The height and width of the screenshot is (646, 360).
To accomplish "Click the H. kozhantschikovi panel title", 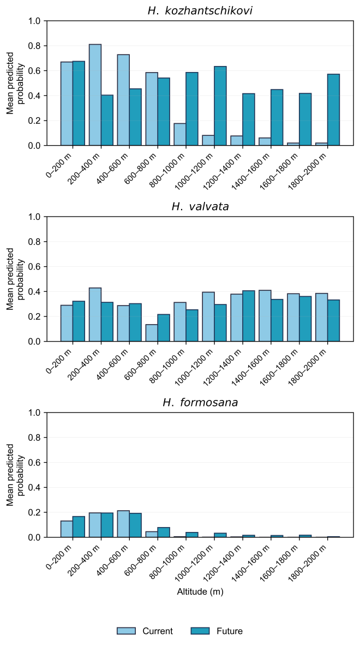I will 200,11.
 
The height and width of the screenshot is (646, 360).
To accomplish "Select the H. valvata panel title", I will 200,207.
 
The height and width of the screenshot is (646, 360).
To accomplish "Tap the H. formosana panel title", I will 200,403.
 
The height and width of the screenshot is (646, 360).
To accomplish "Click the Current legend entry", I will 145,631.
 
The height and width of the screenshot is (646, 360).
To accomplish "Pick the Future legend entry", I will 217,631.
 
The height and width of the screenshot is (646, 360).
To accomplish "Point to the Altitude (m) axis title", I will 200,591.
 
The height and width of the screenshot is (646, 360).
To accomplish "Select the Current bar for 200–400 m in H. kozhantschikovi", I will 95,95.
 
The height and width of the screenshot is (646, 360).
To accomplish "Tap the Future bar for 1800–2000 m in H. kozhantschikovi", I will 333,110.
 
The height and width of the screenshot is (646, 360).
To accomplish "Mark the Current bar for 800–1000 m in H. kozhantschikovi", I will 180,134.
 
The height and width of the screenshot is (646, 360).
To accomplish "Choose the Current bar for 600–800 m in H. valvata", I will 152,333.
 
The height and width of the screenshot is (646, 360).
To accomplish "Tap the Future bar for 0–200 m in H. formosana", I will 79,527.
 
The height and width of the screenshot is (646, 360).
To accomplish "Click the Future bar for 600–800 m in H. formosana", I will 164,533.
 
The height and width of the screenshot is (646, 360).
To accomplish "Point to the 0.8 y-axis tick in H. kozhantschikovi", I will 37,46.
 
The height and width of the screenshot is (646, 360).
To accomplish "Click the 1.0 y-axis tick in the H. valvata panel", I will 37,217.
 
